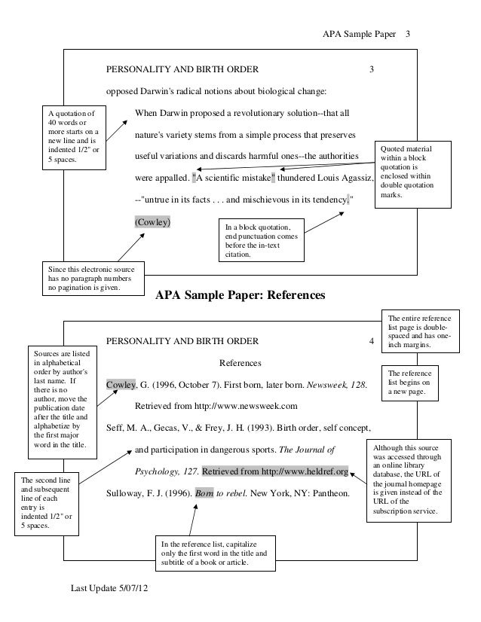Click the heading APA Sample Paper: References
coord(240,296)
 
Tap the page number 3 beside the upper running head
coord(370,72)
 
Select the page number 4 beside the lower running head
coord(370,341)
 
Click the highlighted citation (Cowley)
coord(152,223)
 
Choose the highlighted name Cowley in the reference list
coord(121,386)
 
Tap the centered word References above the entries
coord(240,363)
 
